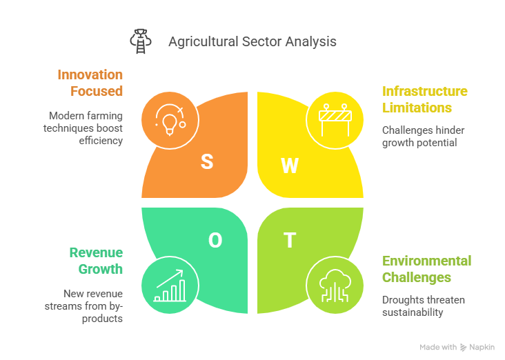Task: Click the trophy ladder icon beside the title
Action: click(x=141, y=41)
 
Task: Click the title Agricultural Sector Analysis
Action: click(x=253, y=42)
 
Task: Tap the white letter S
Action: click(x=207, y=161)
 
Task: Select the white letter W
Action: click(x=290, y=166)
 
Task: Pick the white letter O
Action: click(x=215, y=240)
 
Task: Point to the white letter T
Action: click(x=290, y=240)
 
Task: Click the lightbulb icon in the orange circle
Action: click(x=170, y=120)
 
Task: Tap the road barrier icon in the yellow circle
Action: click(x=335, y=120)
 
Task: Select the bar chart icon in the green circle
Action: click(x=170, y=286)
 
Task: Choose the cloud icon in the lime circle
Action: click(x=335, y=286)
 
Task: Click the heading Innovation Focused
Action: click(x=90, y=83)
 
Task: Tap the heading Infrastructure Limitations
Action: click(x=425, y=99)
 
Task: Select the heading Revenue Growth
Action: click(x=96, y=261)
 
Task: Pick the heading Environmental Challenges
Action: click(x=427, y=269)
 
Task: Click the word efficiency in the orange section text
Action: click(x=101, y=141)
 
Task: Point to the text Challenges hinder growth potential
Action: click(x=423, y=137)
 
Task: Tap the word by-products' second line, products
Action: click(x=102, y=319)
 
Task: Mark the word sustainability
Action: click(x=413, y=312)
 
